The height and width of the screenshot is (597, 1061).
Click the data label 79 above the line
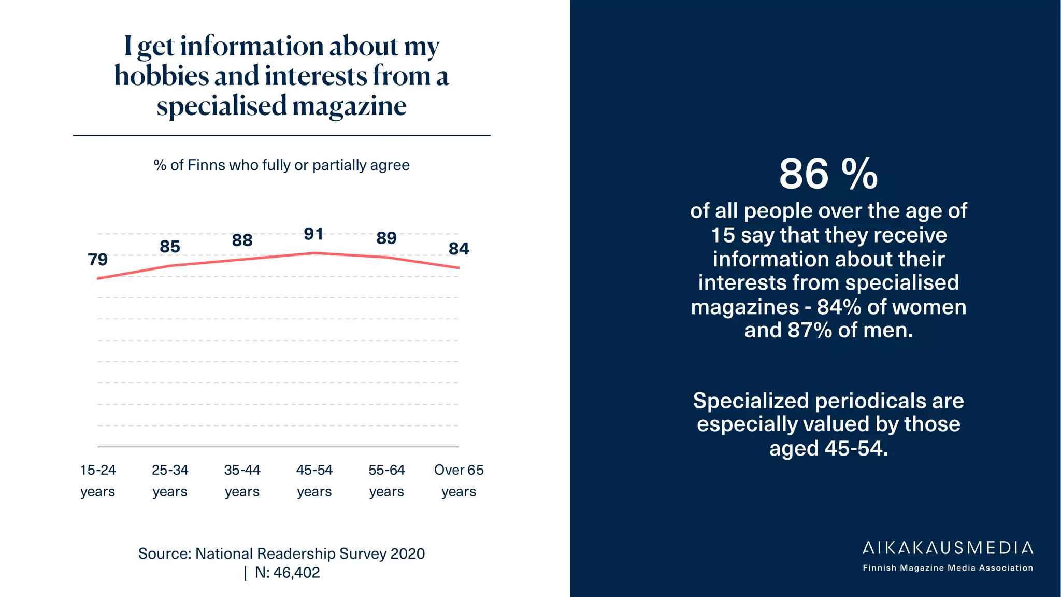tap(97, 260)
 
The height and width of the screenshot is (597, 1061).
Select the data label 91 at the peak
tap(314, 234)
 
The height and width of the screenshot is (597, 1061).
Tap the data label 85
tap(170, 247)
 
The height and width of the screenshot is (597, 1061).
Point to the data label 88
tap(242, 240)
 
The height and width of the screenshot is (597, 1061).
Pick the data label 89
tap(386, 238)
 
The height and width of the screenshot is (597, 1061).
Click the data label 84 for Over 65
tap(459, 249)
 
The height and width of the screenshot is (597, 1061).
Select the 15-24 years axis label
tap(98, 480)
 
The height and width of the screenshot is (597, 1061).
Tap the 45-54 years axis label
tap(314, 480)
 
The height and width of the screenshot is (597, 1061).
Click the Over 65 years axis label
tap(458, 480)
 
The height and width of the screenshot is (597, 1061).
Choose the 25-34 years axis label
tap(170, 480)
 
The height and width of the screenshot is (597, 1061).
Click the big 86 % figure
tap(828, 174)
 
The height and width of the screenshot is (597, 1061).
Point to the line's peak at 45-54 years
tap(314, 253)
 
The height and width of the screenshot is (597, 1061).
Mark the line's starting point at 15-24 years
tap(98, 278)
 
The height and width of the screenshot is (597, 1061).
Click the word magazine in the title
tap(350, 106)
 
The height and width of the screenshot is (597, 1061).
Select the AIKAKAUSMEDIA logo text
tap(948, 548)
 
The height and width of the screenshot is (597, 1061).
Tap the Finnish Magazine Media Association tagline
tap(948, 568)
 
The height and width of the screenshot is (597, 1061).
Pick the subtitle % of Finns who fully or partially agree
tap(281, 165)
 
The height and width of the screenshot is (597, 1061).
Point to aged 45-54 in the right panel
tap(828, 448)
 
